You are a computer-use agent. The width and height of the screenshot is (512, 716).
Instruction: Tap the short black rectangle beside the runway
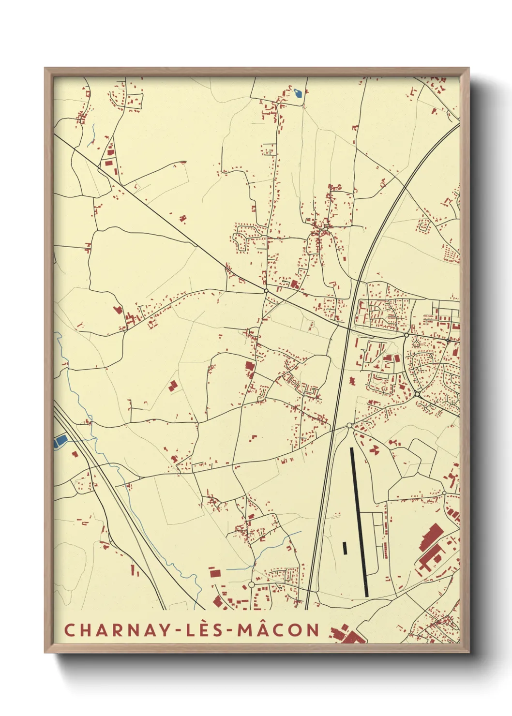coord(345,548)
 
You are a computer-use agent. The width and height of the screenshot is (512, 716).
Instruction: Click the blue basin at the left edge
coord(60,440)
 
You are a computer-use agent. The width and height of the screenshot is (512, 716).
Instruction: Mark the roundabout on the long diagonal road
coord(266,291)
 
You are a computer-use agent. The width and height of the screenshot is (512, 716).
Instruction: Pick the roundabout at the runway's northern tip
coord(349,426)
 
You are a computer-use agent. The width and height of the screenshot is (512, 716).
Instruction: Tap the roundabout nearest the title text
coord(251,585)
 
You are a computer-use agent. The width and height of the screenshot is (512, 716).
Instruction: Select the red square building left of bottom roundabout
coord(215,573)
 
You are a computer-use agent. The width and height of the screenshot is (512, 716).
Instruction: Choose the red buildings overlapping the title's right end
coord(345,634)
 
